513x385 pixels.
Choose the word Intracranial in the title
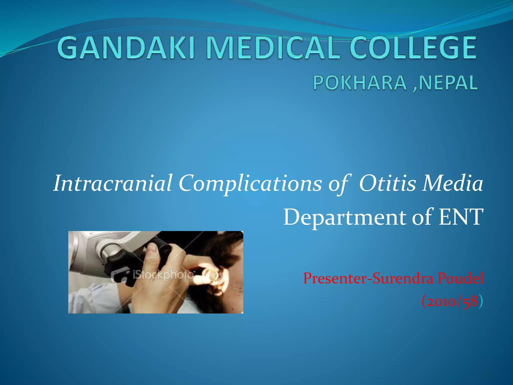click(x=113, y=183)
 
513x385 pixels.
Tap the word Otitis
click(x=387, y=183)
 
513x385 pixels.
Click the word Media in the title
click(x=452, y=183)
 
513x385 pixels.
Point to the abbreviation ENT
click(x=461, y=217)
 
